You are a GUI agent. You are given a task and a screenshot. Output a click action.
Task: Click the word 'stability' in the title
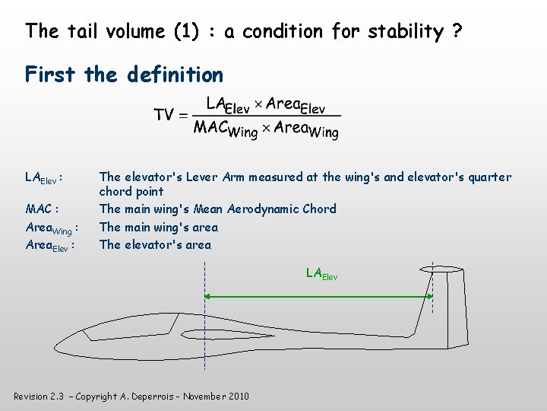pyautogui.click(x=406, y=32)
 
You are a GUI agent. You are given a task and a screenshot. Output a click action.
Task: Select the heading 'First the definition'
pyautogui.click(x=124, y=75)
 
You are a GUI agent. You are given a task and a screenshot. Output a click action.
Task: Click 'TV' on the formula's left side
pyautogui.click(x=165, y=115)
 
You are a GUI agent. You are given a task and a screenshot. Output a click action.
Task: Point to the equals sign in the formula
pyautogui.click(x=183, y=116)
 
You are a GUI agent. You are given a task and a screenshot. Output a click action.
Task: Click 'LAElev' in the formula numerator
pyautogui.click(x=228, y=105)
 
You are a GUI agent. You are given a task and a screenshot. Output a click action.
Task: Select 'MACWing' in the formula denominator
pyautogui.click(x=226, y=129)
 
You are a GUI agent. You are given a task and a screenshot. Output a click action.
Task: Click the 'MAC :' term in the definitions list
pyautogui.click(x=43, y=209)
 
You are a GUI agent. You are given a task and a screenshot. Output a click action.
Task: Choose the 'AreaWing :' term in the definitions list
pyautogui.click(x=52, y=228)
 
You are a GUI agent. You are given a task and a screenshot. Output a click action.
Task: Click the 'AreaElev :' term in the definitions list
pyautogui.click(x=49, y=245)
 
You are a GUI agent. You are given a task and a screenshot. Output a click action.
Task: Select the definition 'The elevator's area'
pyautogui.click(x=155, y=244)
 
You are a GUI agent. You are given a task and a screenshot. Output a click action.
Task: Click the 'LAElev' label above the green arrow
pyautogui.click(x=321, y=273)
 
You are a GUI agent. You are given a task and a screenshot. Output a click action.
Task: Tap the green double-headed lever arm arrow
pyautogui.click(x=319, y=297)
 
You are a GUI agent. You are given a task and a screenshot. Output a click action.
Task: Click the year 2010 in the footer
pyautogui.click(x=237, y=396)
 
